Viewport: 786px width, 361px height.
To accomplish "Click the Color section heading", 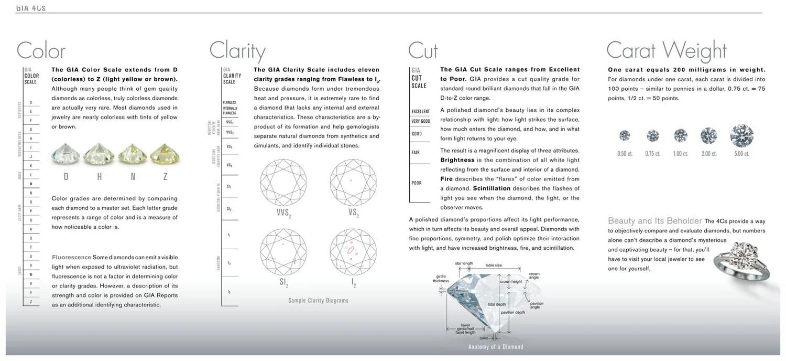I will [x=41, y=51].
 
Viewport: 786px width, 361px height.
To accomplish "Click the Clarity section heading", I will [x=237, y=51].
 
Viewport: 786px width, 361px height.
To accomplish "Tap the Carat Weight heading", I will [x=666, y=51].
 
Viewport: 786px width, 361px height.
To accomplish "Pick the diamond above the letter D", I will [x=65, y=154].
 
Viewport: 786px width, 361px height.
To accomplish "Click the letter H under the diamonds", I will [x=99, y=177].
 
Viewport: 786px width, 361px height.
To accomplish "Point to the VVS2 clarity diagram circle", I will [x=284, y=182].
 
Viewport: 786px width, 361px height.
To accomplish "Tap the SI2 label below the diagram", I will [x=283, y=283].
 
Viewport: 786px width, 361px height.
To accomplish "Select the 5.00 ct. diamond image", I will [x=741, y=135].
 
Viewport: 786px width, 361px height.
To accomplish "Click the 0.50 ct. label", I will [x=625, y=154].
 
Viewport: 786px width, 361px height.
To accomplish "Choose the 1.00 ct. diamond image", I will [x=680, y=135].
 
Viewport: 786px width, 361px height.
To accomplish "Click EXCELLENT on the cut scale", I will [x=420, y=111].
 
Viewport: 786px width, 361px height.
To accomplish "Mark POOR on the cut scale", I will [x=417, y=183].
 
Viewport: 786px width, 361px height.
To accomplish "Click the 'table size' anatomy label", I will [x=493, y=266].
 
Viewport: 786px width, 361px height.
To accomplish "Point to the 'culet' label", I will [x=484, y=338].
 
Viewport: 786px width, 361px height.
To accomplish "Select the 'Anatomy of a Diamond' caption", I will [x=495, y=347].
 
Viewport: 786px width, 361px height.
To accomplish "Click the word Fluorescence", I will [x=71, y=257].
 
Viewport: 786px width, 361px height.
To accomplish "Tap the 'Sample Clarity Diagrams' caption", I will [x=318, y=301].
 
